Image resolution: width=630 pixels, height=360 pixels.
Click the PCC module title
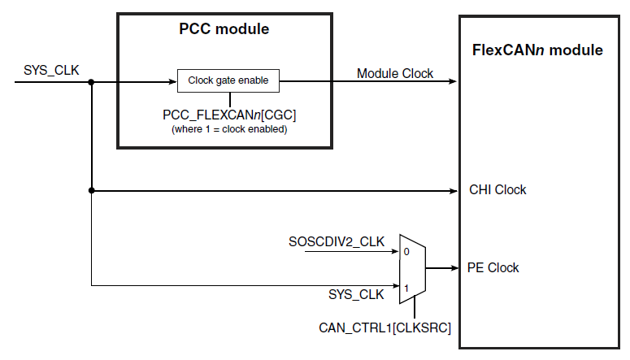(x=224, y=30)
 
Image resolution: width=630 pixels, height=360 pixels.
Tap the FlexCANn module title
(x=537, y=50)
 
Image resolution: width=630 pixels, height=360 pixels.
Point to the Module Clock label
(x=395, y=73)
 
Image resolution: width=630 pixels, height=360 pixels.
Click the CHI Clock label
(x=497, y=190)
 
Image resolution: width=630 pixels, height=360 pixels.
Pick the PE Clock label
(x=493, y=268)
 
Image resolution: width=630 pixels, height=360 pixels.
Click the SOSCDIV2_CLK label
(x=337, y=241)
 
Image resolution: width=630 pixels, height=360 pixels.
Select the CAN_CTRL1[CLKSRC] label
(x=385, y=327)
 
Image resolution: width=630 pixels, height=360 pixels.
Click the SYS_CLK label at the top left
(x=52, y=70)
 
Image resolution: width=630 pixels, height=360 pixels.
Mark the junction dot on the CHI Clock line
(x=92, y=191)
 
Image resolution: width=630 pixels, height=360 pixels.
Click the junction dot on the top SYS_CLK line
(x=92, y=81)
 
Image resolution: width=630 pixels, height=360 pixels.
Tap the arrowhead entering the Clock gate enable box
(x=172, y=81)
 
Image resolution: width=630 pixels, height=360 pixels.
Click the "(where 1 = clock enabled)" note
(x=228, y=129)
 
